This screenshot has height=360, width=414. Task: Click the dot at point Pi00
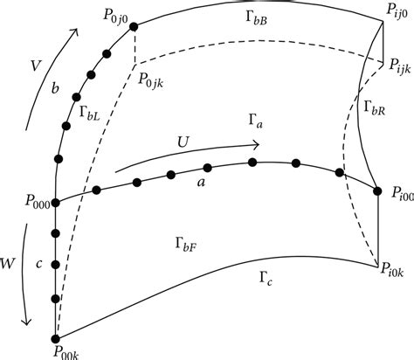377,190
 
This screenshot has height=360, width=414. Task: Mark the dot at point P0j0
134,26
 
